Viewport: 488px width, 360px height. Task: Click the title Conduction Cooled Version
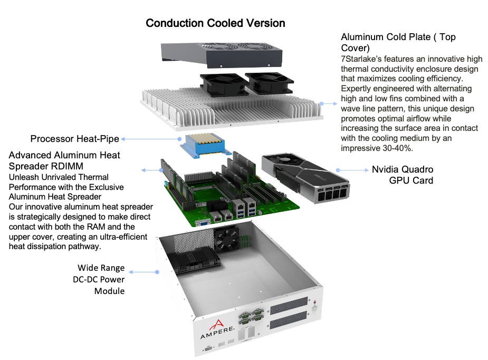point(215,23)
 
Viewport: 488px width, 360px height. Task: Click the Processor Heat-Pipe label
point(74,139)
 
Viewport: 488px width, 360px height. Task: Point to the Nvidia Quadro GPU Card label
point(403,175)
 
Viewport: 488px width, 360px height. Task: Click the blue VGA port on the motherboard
point(203,223)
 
